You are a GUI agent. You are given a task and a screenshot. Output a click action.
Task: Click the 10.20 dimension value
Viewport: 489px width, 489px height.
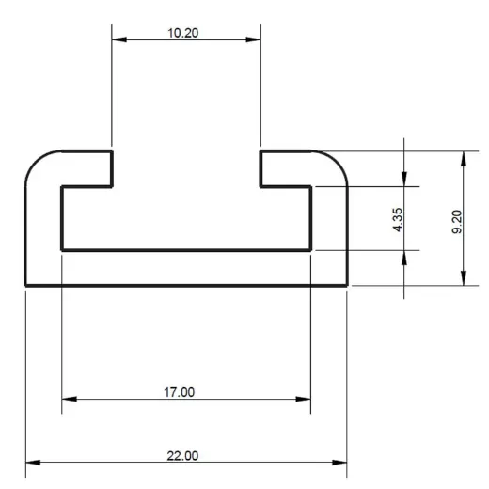(183, 32)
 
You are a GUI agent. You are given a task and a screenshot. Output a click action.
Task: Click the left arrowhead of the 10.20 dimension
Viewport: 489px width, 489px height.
(118, 40)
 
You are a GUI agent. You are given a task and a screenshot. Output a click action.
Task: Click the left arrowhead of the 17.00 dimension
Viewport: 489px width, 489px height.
(68, 400)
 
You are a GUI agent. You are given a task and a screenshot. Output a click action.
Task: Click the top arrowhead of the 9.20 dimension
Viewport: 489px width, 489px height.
(463, 156)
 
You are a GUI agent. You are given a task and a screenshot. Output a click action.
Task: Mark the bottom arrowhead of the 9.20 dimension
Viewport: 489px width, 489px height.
(463, 279)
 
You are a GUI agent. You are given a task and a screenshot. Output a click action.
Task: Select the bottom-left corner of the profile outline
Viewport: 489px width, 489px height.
(25, 285)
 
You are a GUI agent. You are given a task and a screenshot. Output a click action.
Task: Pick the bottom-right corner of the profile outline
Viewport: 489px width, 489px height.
(347, 285)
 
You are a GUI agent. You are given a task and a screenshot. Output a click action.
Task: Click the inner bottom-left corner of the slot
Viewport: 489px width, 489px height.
(62, 250)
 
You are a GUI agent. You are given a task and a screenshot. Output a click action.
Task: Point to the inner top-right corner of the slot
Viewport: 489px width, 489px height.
(311, 186)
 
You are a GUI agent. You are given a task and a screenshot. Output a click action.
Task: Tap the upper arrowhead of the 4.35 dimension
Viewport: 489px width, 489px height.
(404, 180)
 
